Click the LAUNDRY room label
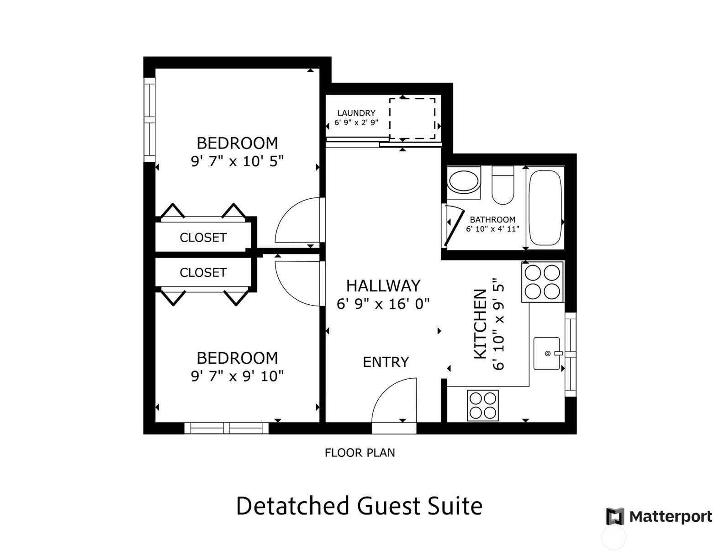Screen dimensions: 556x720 pyautogui.click(x=356, y=113)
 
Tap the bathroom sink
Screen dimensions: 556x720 pyautogui.click(x=463, y=181)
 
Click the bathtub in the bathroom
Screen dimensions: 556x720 pyautogui.click(x=545, y=208)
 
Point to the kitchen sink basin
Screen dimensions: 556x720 pyautogui.click(x=546, y=353)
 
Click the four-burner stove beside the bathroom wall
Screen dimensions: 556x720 pyautogui.click(x=542, y=282)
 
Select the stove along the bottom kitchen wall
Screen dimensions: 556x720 pyautogui.click(x=482, y=405)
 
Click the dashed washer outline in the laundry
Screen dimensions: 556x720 pyautogui.click(x=412, y=118)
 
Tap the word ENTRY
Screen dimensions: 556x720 pyautogui.click(x=386, y=362)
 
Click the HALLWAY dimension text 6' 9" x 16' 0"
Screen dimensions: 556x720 pyautogui.click(x=383, y=304)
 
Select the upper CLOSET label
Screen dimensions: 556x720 pyautogui.click(x=203, y=238)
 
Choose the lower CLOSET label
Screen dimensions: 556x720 pyautogui.click(x=203, y=273)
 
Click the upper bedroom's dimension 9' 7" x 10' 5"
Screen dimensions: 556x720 pyautogui.click(x=237, y=161)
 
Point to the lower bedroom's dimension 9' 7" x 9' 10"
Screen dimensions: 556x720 pyautogui.click(x=237, y=376)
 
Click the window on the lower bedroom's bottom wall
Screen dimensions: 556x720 pyautogui.click(x=226, y=428)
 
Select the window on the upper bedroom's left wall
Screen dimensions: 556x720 pyautogui.click(x=149, y=120)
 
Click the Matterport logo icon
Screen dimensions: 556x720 pyautogui.click(x=615, y=516)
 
